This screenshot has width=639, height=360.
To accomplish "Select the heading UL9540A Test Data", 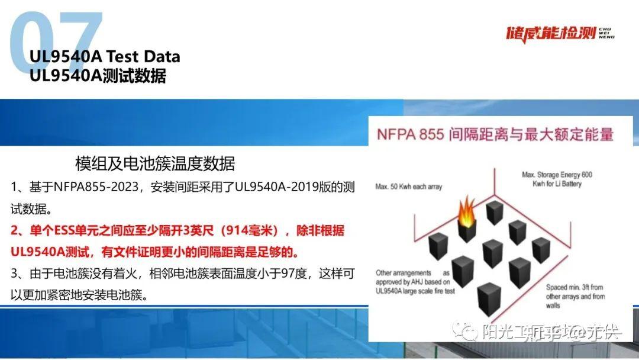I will pos(105,57).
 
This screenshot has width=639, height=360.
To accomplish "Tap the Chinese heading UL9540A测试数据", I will pos(98,76).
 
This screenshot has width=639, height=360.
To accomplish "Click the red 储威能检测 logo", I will pos(550,33).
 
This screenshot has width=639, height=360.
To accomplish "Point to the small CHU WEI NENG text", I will pos(606,32).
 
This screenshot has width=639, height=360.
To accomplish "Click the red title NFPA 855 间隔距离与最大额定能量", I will pos(495,134).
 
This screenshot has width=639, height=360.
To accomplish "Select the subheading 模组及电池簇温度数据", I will pos(155,163).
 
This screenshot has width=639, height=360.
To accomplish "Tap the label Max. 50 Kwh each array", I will pos(408,187).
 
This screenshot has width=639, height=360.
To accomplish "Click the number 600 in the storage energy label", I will pos(586,175).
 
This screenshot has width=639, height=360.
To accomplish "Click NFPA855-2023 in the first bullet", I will pos(95,188).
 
